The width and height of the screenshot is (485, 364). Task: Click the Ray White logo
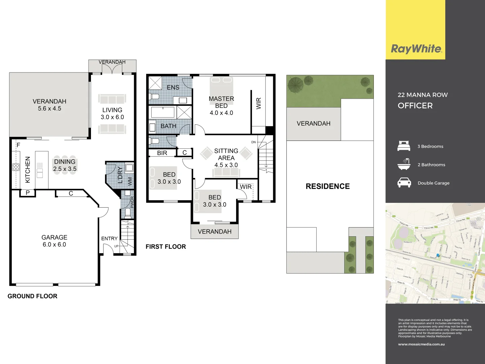pos(416,49)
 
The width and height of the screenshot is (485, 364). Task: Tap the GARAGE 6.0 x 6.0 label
pos(54,241)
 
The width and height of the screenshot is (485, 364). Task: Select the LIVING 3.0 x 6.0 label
pos(112,114)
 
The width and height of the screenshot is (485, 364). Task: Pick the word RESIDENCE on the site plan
pos(328,186)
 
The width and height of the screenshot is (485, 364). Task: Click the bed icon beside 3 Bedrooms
pos(404,146)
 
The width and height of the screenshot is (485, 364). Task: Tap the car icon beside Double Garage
pos(404,183)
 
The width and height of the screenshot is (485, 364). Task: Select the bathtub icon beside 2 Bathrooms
pos(404,164)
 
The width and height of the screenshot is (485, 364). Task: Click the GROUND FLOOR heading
pos(32,296)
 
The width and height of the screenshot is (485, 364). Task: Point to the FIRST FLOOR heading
pos(166,247)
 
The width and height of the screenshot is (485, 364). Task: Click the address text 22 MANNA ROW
pos(423,95)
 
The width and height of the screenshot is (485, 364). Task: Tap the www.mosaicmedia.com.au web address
pos(421,344)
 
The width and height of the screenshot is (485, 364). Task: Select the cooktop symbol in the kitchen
pos(16,167)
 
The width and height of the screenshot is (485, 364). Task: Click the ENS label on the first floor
pos(173,88)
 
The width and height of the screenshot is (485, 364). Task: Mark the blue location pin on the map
pos(438,255)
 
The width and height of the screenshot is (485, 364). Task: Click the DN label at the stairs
pos(254,142)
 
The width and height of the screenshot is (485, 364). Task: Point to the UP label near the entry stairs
pos(116,246)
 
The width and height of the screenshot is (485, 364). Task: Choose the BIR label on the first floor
pos(162,153)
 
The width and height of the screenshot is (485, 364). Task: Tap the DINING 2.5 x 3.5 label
pos(65,165)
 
